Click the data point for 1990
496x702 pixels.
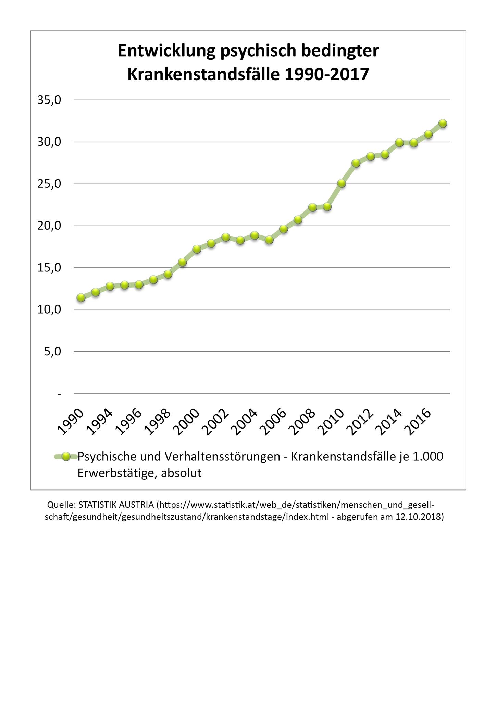tap(81, 298)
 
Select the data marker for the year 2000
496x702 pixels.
tap(197, 249)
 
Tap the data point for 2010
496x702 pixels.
tap(341, 183)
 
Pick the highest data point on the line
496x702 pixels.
tap(443, 123)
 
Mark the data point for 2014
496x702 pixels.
tap(399, 142)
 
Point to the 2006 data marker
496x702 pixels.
tap(283, 229)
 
